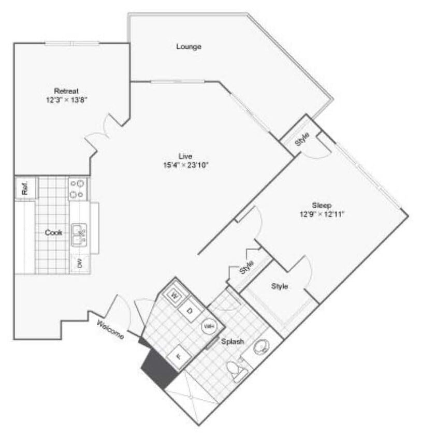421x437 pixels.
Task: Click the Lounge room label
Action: tap(188, 47)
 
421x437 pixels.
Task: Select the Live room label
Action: tap(185, 156)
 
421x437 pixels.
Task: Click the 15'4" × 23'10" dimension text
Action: tap(185, 165)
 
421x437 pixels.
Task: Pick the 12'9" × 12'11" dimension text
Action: tap(321, 213)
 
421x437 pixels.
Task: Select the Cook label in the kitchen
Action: tap(53, 232)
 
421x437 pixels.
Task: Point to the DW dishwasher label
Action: tap(80, 263)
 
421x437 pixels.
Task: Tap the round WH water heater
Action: tap(209, 327)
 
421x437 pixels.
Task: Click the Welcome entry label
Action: tap(110, 329)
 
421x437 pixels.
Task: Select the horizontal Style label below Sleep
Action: tap(280, 286)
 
